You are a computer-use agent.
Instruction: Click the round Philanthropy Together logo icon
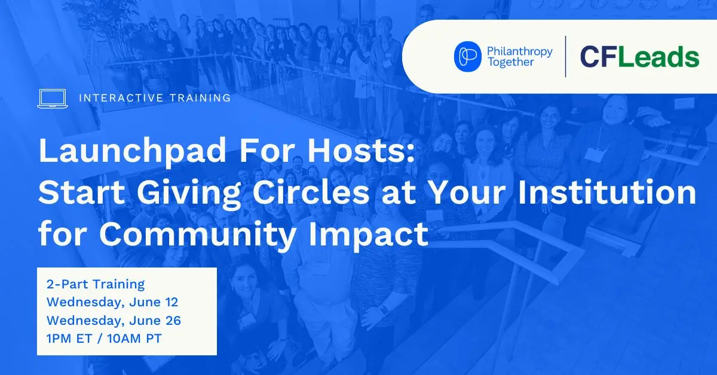[467, 56]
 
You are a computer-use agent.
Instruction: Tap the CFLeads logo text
[639, 57]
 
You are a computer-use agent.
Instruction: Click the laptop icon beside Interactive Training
[53, 99]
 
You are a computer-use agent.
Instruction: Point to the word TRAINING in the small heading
[200, 98]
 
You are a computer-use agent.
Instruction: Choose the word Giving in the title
[189, 194]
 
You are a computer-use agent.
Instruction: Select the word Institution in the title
[606, 193]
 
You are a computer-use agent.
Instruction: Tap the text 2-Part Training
[96, 284]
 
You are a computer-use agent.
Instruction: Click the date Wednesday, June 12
[112, 302]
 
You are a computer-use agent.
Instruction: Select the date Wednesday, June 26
[114, 321]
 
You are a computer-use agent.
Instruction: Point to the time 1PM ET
[69, 339]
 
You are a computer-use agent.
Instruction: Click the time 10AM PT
[134, 339]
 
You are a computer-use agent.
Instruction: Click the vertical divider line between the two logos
[566, 57]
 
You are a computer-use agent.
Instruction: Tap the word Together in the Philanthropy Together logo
[511, 62]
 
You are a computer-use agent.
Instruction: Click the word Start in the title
[81, 193]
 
